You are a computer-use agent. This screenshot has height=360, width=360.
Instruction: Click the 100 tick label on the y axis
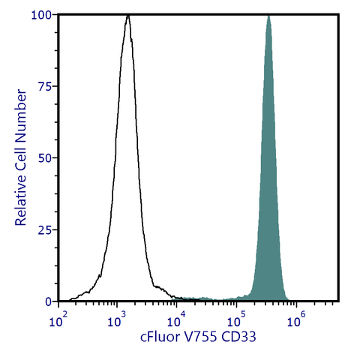pyautogui.click(x=40, y=15)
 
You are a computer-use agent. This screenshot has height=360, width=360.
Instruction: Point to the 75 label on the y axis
pyautogui.click(x=43, y=86)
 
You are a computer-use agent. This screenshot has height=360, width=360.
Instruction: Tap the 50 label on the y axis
pyautogui.click(x=43, y=158)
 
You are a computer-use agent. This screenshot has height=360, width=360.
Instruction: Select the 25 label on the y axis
pyautogui.click(x=43, y=229)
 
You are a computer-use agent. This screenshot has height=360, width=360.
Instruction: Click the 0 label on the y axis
pyautogui.click(x=46, y=301)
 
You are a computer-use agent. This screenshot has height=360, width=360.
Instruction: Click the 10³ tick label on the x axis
pyautogui.click(x=116, y=321)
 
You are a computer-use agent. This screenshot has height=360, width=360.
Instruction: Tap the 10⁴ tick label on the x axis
pyautogui.click(x=176, y=321)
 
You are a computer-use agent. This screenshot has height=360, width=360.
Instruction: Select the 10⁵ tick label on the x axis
pyautogui.click(x=236, y=321)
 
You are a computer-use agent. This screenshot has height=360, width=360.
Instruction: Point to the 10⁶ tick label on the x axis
pyautogui.click(x=295, y=321)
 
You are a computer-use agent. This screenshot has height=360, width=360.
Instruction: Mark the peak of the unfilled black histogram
pyautogui.click(x=128, y=16)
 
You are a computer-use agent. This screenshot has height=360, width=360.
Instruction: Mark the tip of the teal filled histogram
pyautogui.click(x=268, y=16)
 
